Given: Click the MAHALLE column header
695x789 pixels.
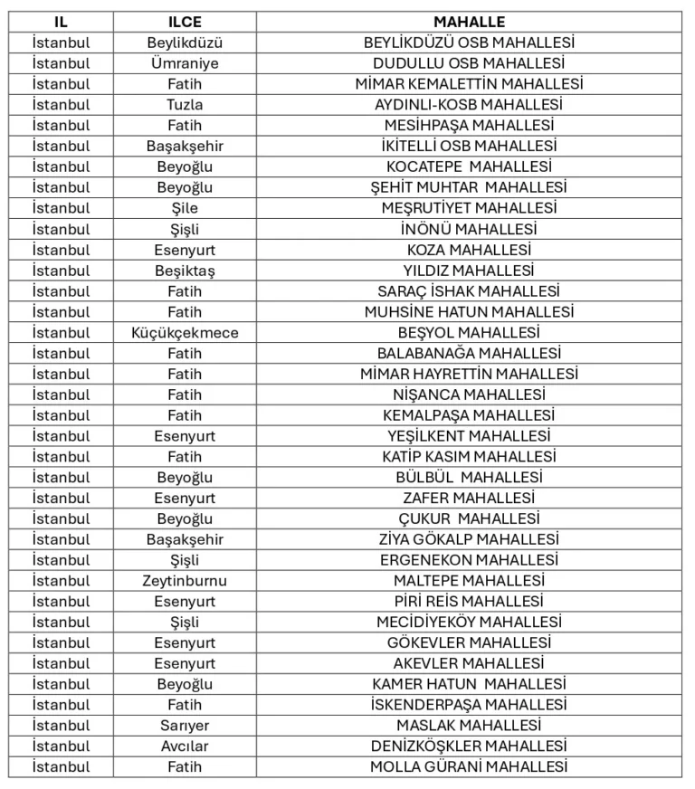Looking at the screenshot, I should [469, 22].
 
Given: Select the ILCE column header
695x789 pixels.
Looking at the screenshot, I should [185, 22].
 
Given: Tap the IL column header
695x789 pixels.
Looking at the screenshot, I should [61, 22].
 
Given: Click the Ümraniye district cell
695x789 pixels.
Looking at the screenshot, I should [185, 63].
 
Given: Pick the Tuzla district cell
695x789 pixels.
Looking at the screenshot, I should [185, 105].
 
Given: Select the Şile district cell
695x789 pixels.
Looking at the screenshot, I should [185, 208].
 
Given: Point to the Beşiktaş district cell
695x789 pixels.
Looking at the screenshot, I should [185, 271].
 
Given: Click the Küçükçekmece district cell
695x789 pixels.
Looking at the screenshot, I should [185, 333].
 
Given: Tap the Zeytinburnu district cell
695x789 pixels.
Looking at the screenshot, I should [185, 581].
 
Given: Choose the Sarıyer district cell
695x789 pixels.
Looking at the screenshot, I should [185, 726].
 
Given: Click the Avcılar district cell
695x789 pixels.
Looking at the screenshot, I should [185, 746].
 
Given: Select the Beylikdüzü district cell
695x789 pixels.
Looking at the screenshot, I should [185, 43].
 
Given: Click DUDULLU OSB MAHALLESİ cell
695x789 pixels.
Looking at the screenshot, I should [469, 63].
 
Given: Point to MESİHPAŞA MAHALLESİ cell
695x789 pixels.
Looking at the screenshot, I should [469, 126].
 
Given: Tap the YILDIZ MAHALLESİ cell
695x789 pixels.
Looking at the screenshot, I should [469, 271].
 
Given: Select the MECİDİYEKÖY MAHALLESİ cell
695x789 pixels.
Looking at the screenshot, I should [469, 623].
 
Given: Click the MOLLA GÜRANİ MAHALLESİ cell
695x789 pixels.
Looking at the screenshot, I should [469, 767].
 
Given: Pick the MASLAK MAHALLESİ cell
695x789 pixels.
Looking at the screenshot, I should [469, 726].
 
